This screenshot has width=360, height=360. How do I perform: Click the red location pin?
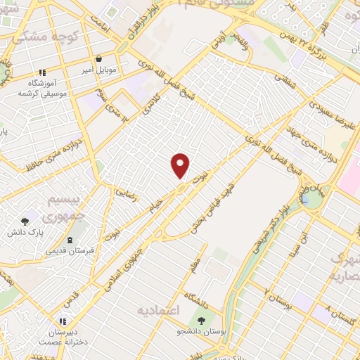(x=181, y=166)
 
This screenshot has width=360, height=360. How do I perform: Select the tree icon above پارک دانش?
(x=26, y=221)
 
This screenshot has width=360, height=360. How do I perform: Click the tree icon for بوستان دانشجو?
(x=202, y=320)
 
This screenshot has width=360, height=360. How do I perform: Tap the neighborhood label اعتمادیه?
(x=158, y=310)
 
